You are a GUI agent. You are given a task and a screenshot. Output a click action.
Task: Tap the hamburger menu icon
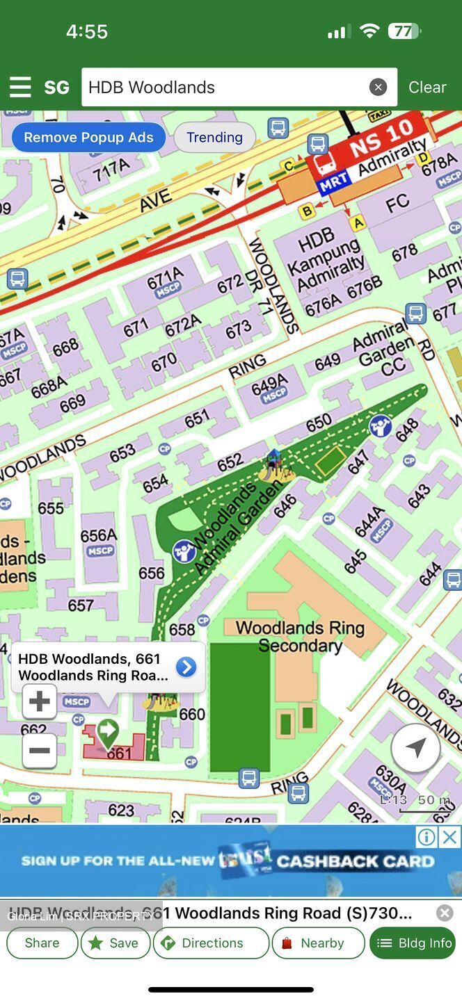pos(20,87)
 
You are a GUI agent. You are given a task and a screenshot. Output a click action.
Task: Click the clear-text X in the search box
pos(378,87)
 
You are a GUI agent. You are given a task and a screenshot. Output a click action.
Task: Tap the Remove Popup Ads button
pos(88,137)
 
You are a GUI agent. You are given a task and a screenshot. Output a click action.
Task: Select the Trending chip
pos(214,137)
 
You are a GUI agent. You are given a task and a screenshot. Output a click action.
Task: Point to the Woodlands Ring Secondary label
pos(300,636)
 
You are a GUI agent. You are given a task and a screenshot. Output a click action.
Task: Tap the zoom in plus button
pos(39,701)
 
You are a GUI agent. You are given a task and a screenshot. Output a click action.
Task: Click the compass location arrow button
pos(415,748)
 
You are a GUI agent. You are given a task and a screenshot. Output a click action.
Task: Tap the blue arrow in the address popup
pos(186,667)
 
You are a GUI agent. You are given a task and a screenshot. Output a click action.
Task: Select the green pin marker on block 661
pos(107,732)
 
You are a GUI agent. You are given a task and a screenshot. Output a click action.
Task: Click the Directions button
pos(211,943)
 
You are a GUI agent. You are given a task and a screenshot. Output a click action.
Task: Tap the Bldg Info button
pos(413,943)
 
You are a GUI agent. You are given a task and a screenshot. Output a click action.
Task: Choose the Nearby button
pos(318,943)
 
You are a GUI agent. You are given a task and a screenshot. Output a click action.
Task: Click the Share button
pos(42,943)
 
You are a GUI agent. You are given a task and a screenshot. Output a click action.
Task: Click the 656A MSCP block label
pos(99,541)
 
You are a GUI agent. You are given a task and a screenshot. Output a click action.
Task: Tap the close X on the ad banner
pos(450,838)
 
